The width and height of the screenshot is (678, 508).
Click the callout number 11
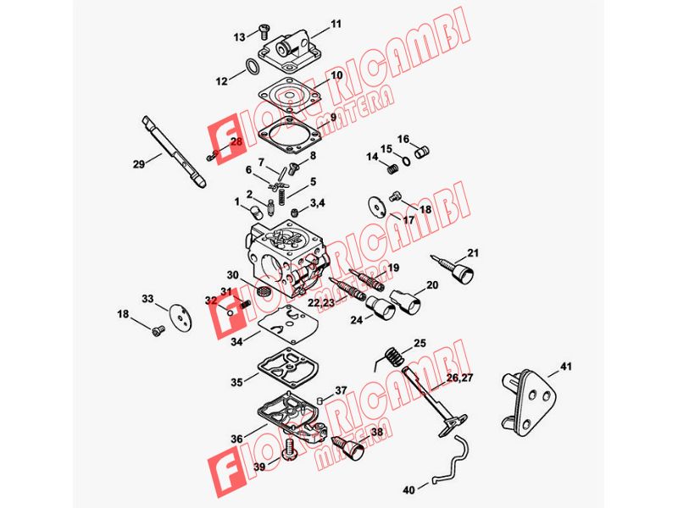tap(336, 24)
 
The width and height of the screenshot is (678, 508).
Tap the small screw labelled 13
tap(264, 30)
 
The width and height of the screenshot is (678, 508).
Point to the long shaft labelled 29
tap(174, 152)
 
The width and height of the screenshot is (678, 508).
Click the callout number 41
tap(565, 367)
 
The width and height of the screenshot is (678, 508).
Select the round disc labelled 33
tap(181, 318)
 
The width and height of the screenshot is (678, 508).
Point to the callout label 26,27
tap(459, 378)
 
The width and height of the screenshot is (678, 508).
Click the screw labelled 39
tap(289, 450)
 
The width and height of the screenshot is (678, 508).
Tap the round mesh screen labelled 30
tap(263, 291)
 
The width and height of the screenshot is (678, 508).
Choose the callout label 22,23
tap(321, 303)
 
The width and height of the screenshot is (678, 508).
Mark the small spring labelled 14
tap(392, 168)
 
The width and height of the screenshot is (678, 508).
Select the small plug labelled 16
tap(422, 152)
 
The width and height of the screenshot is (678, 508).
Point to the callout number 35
tap(236, 383)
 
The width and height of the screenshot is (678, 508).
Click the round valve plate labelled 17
tap(378, 207)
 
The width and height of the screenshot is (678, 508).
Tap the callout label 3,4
tap(317, 202)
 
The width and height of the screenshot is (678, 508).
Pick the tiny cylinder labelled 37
tap(320, 400)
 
